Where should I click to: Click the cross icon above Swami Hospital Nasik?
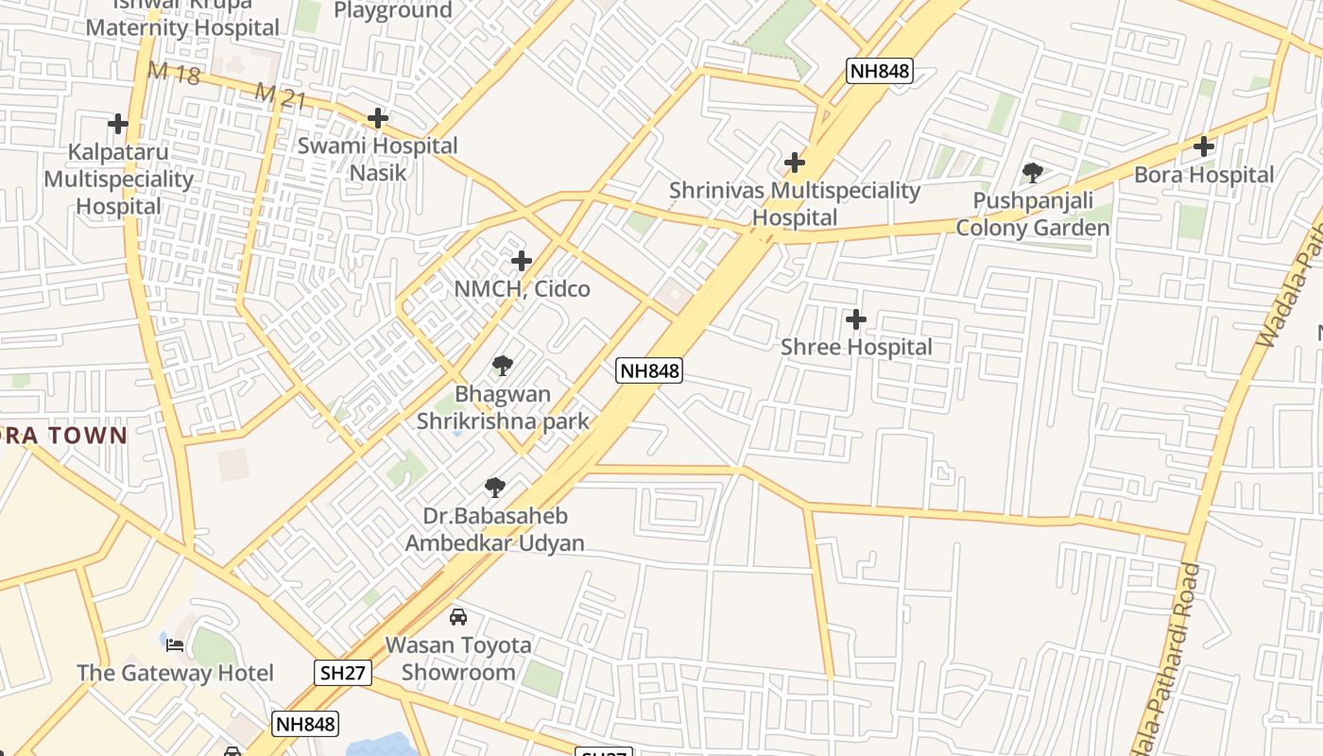pyautogui.click(x=378, y=118)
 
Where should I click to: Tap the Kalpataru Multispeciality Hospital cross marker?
pyautogui.click(x=118, y=124)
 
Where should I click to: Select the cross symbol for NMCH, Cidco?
pyautogui.click(x=522, y=261)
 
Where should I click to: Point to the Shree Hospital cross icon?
pyautogui.click(x=856, y=319)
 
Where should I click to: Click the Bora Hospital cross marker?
pyautogui.click(x=1204, y=146)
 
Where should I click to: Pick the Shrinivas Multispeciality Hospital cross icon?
pyautogui.click(x=795, y=163)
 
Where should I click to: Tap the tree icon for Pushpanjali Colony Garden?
pyautogui.click(x=1033, y=172)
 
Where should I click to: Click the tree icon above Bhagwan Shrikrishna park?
pyautogui.click(x=503, y=366)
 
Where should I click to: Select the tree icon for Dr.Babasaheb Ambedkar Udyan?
pyautogui.click(x=494, y=488)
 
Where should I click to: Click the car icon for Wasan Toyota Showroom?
pyautogui.click(x=458, y=617)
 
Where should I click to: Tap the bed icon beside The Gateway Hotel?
pyautogui.click(x=175, y=645)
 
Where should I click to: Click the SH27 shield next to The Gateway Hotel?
pyautogui.click(x=343, y=672)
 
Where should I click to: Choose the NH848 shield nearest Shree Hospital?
pyautogui.click(x=649, y=370)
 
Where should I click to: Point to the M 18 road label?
pyautogui.click(x=174, y=73)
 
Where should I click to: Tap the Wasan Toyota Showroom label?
pyautogui.click(x=458, y=659)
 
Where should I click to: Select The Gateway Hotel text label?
pyautogui.click(x=175, y=673)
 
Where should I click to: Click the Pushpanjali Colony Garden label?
pyautogui.click(x=1033, y=215)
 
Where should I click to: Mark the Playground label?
pyautogui.click(x=393, y=10)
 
